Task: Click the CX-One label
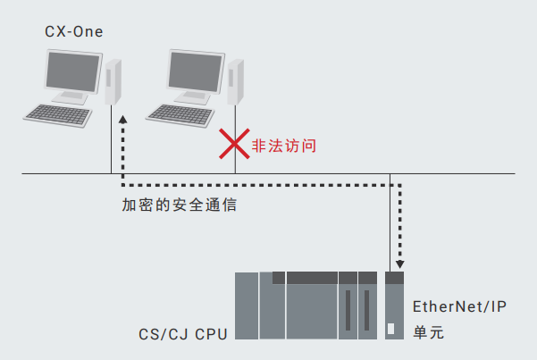pyautogui.click(x=73, y=33)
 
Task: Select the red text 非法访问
pyautogui.click(x=284, y=144)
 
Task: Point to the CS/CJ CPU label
pyautogui.click(x=182, y=334)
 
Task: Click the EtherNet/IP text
pyautogui.click(x=459, y=307)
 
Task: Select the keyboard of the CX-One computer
pyautogui.click(x=59, y=113)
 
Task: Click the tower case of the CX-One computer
pyautogui.click(x=112, y=83)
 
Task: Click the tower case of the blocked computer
pyautogui.click(x=235, y=83)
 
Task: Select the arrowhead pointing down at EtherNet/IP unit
pyautogui.click(x=399, y=264)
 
